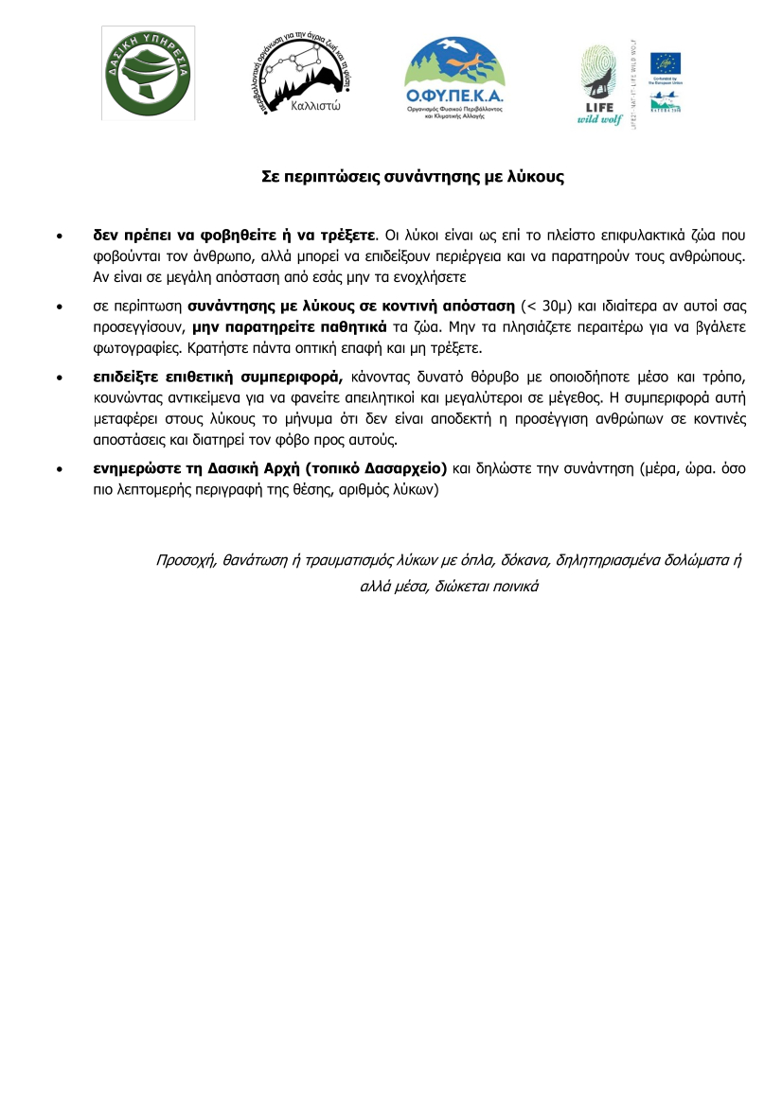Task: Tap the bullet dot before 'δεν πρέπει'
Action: pos(61,233)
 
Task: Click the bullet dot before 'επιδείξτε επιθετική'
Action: pos(61,376)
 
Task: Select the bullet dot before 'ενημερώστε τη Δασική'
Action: pos(61,467)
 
